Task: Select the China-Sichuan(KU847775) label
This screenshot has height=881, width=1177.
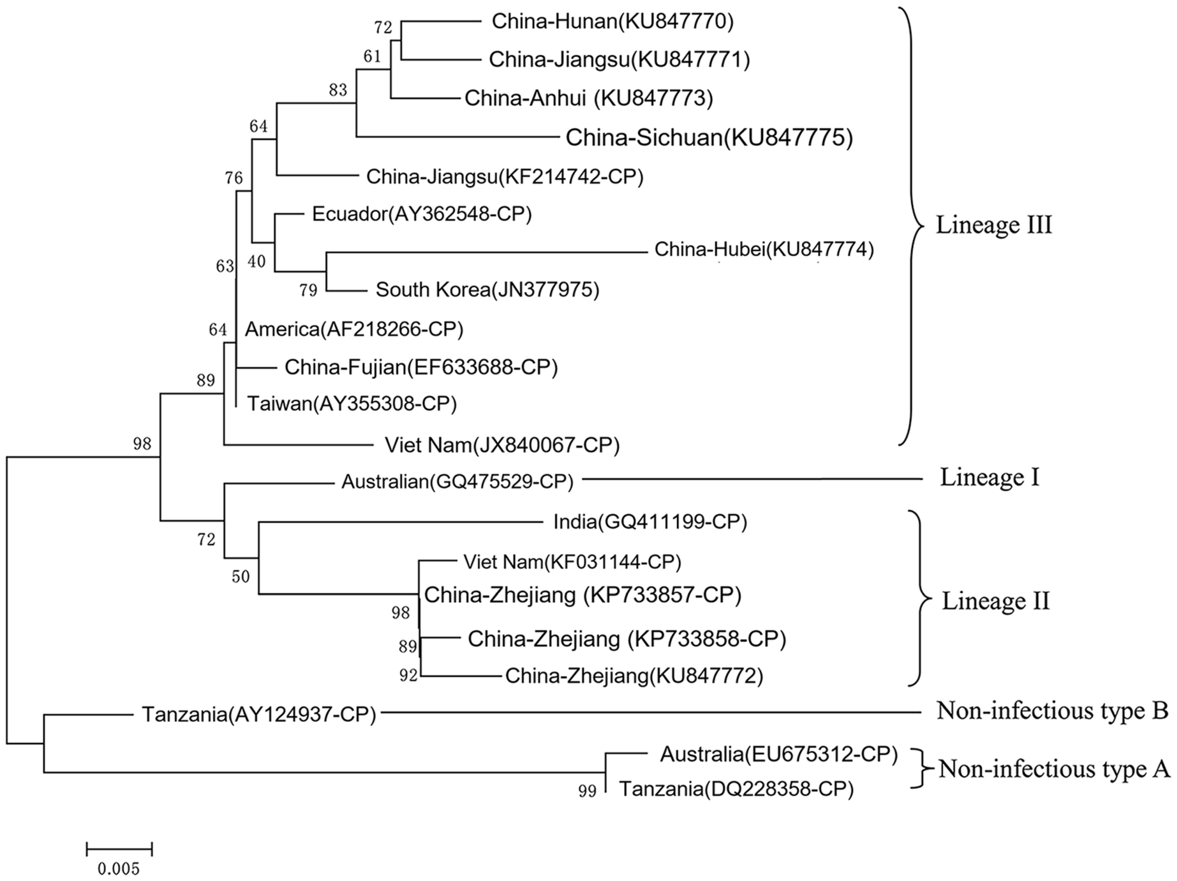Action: click(709, 138)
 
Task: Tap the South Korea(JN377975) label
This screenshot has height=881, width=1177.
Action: click(487, 290)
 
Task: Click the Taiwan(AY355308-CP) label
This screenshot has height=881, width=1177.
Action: click(352, 404)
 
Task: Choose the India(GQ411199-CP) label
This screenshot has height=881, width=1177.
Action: click(650, 522)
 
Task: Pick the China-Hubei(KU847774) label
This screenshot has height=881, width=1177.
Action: click(763, 249)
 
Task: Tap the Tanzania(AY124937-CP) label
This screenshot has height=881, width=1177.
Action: click(259, 715)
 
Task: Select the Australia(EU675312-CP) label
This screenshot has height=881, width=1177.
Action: click(778, 754)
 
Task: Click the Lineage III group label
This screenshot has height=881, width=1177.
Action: click(993, 225)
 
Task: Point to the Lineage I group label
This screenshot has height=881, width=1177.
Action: click(989, 477)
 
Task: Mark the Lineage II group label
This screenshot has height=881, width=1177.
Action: click(995, 601)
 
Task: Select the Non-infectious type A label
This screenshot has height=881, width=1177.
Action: click(1054, 769)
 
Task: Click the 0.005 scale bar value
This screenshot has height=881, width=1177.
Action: click(118, 869)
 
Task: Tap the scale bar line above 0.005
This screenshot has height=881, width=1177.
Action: click(119, 849)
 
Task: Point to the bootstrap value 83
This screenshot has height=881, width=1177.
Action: click(338, 90)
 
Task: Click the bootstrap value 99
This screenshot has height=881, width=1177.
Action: click(587, 791)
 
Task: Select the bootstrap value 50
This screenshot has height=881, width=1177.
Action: click(241, 576)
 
